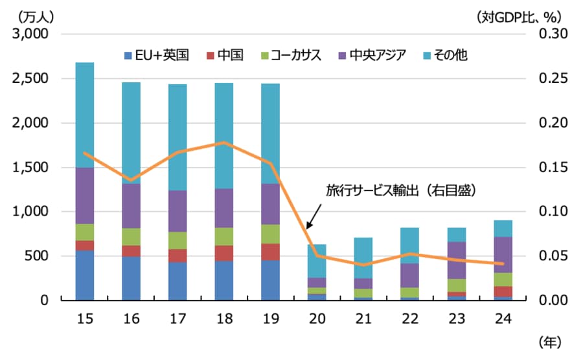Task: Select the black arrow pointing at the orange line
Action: coord(314,214)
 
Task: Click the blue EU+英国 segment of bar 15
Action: coord(85,275)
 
